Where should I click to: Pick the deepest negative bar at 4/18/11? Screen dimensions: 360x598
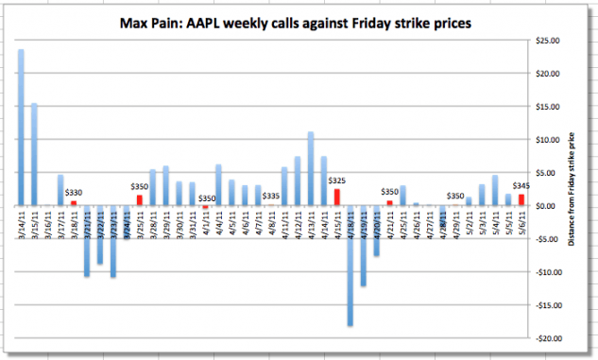[x=350, y=266]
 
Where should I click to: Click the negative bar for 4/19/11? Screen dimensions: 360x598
[x=363, y=246]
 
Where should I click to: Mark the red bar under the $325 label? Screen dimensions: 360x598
[x=336, y=197]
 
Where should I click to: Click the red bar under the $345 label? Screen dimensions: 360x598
[x=521, y=199]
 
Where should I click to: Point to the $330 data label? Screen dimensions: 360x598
[x=74, y=193]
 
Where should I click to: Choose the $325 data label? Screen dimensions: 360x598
[x=336, y=180]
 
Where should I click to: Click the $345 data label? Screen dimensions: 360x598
[x=521, y=186]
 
